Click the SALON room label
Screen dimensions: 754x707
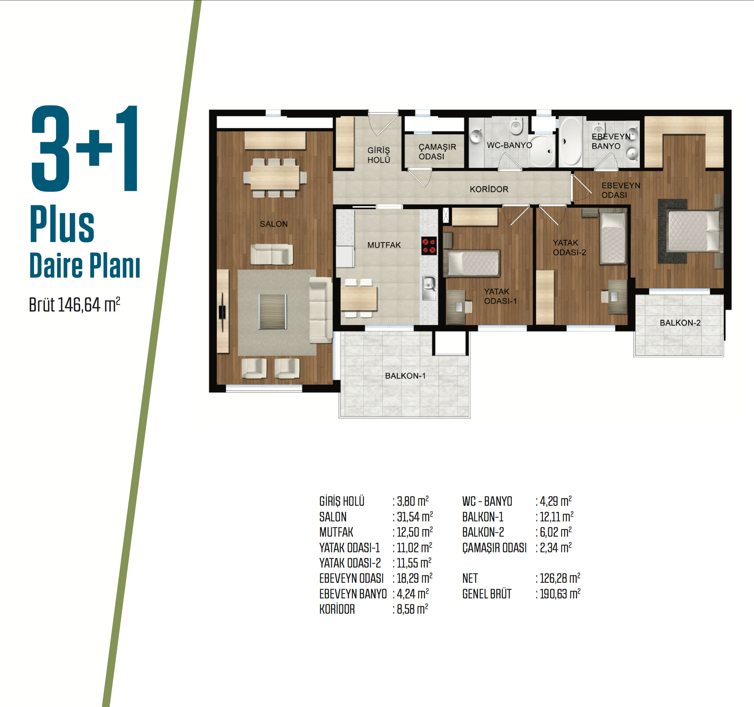pyautogui.click(x=274, y=224)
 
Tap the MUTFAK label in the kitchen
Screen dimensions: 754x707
pyautogui.click(x=384, y=245)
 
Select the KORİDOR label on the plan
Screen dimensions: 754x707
pyautogui.click(x=489, y=189)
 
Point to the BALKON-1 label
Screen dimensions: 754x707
pyautogui.click(x=405, y=376)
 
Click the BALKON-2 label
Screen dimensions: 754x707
pyautogui.click(x=680, y=323)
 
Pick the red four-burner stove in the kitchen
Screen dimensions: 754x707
pyautogui.click(x=429, y=246)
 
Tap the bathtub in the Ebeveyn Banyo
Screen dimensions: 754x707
pyautogui.click(x=571, y=141)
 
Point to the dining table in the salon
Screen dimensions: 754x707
pyautogui.click(x=275, y=178)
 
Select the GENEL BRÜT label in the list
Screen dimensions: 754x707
pyautogui.click(x=487, y=594)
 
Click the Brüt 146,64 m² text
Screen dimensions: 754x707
pyautogui.click(x=75, y=304)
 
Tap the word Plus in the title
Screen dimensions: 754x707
pyautogui.click(x=62, y=224)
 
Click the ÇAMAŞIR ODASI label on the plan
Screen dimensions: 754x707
pyautogui.click(x=437, y=152)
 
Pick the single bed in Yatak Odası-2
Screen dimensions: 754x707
pyautogui.click(x=612, y=238)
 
